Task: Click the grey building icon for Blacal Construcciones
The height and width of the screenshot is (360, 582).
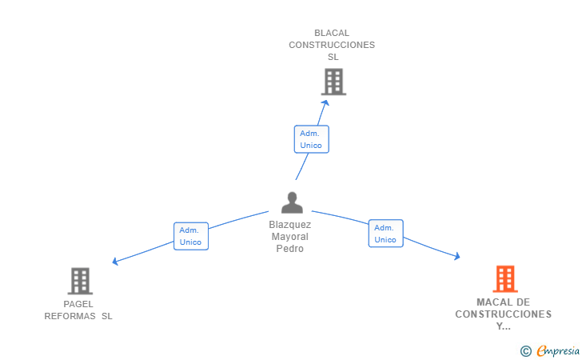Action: [x=333, y=82]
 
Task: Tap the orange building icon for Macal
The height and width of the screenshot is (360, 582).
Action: [x=504, y=278]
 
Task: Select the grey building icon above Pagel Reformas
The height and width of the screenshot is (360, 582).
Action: [x=80, y=281]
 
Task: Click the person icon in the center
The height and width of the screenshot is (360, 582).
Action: [x=291, y=202]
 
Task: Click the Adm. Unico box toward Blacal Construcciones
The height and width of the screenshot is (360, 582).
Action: [x=311, y=139]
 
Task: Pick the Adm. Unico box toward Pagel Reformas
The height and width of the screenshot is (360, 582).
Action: [x=190, y=236]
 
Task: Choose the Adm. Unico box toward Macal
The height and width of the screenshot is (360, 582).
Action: [x=385, y=234]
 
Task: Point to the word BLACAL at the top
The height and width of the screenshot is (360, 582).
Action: [x=332, y=33]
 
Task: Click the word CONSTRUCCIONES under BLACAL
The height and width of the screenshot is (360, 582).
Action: [x=332, y=45]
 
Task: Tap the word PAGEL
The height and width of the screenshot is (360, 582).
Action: [x=78, y=304]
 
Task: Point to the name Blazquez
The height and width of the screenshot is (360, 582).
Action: [x=290, y=225]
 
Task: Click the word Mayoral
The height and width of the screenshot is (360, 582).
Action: [x=290, y=237]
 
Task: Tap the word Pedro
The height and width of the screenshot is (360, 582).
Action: [x=290, y=248]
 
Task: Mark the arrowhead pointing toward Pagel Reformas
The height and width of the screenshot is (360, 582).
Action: [x=116, y=261]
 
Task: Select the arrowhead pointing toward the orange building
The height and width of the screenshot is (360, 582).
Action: [x=456, y=256]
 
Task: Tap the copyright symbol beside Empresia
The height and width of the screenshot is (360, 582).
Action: [x=526, y=350]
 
